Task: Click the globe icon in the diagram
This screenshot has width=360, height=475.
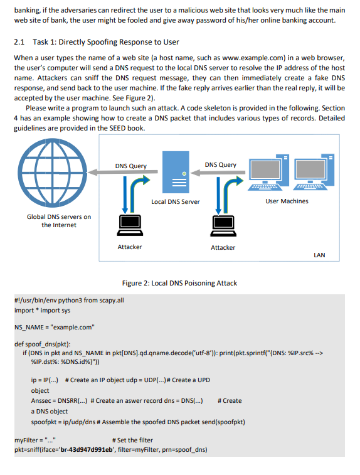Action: point(52,173)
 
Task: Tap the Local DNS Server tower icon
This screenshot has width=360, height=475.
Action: point(176,173)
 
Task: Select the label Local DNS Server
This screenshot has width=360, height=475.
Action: point(176,201)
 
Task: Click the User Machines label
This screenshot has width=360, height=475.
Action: point(287,201)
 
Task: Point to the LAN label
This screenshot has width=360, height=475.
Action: point(319,255)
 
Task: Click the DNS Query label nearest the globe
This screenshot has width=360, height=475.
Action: point(131,166)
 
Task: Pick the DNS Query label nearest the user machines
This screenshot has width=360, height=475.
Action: point(221,165)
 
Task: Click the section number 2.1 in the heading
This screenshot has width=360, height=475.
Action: point(19,42)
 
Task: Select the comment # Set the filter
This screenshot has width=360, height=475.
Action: point(134,440)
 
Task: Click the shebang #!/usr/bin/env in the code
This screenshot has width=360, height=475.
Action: point(35,301)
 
